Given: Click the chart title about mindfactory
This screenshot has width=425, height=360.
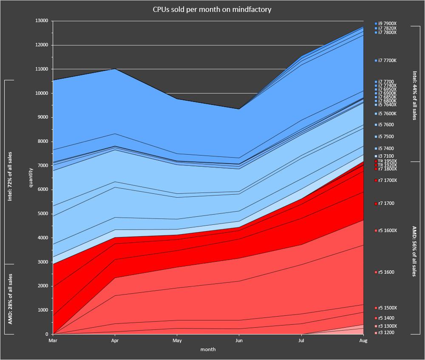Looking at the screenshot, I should pyautogui.click(x=212, y=9).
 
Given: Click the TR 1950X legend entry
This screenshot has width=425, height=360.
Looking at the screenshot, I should pyautogui.click(x=387, y=162).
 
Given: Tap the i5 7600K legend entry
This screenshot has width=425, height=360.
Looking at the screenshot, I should pyautogui.click(x=387, y=113).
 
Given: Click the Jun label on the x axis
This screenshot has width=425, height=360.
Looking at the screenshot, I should pyautogui.click(x=239, y=340).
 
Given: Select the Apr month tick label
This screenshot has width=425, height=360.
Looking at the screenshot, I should pyautogui.click(x=115, y=340).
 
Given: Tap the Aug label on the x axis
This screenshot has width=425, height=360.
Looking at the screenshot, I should pyautogui.click(x=363, y=340).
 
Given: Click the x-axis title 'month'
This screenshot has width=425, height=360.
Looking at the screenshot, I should pyautogui.click(x=208, y=349).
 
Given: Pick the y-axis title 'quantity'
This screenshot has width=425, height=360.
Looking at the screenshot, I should pyautogui.click(x=31, y=178).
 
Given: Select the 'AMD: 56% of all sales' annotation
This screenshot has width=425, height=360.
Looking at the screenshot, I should pyautogui.click(x=414, y=251).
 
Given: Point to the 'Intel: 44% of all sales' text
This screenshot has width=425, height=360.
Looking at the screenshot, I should pyautogui.click(x=414, y=95).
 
